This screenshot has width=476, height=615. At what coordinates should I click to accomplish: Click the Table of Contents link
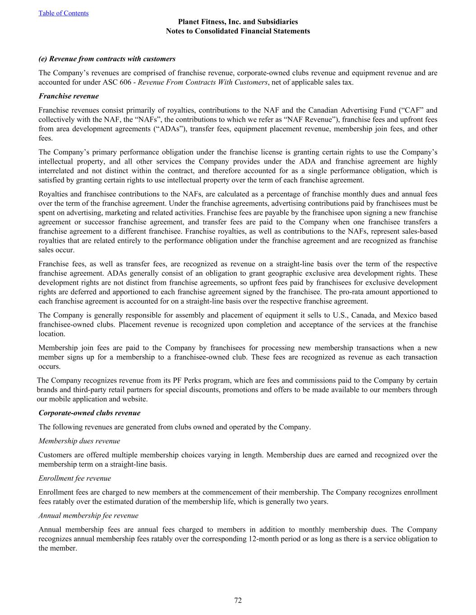(x=63, y=13)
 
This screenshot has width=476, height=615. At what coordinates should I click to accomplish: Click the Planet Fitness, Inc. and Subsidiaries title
(x=238, y=22)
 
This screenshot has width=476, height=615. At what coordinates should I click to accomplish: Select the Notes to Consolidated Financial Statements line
(x=238, y=31)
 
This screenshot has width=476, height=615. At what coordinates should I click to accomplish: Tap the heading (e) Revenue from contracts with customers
(x=107, y=59)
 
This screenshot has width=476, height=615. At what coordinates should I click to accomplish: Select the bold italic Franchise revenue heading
(x=69, y=96)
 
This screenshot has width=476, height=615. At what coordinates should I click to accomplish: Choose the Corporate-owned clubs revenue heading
(x=89, y=413)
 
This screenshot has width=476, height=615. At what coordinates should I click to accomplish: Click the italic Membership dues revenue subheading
(x=79, y=441)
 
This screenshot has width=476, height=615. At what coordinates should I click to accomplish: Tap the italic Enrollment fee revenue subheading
(x=74, y=478)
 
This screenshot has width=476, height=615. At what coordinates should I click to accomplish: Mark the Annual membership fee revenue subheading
(x=88, y=516)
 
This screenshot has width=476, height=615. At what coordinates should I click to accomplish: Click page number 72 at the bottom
(x=238, y=601)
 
